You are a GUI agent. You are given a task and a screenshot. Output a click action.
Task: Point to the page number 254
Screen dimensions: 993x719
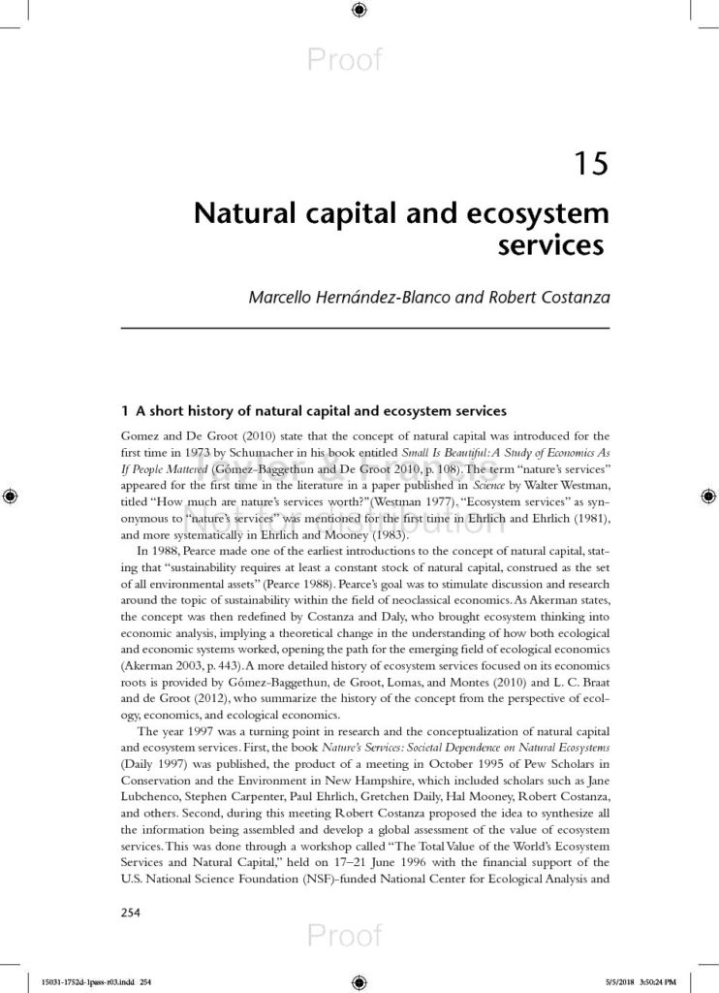pyautogui.click(x=131, y=912)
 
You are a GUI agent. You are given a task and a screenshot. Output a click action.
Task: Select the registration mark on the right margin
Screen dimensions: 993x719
pyautogui.click(x=706, y=496)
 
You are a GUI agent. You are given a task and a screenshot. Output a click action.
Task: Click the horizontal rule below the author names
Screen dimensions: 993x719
pyautogui.click(x=364, y=330)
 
